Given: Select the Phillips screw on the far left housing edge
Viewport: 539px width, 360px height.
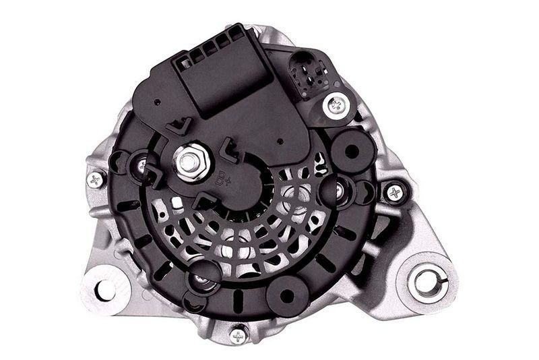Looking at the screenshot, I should pyautogui.click(x=96, y=179).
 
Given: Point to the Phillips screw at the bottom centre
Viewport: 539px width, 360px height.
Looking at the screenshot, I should pyautogui.click(x=238, y=334).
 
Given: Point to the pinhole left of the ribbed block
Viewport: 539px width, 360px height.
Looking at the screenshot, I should pyautogui.click(x=156, y=104).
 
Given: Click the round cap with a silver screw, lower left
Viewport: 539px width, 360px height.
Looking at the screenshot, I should pyautogui.click(x=205, y=276).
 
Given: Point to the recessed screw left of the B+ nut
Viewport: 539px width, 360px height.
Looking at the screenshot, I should pyautogui.click(x=141, y=164).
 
